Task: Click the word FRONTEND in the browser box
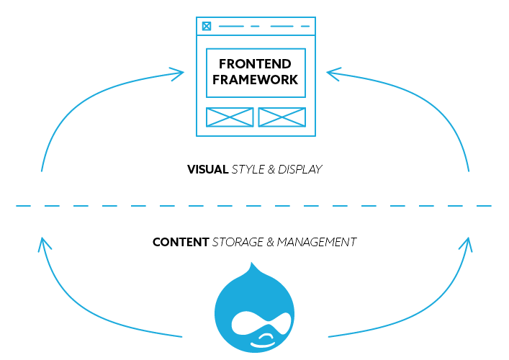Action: pos(256,65)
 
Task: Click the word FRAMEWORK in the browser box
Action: pos(256,80)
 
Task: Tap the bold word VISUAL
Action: pos(207,170)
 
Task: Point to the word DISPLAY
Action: pos(302,170)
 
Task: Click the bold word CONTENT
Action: pos(181,243)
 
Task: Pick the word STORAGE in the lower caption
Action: pos(238,243)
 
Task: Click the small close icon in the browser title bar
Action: pos(207,27)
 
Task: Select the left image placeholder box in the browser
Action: pos(230,117)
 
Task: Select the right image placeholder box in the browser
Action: pos(281,117)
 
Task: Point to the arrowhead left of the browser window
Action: pos(177,72)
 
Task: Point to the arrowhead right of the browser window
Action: pos(334,72)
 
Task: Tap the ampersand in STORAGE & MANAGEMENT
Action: pos(271,243)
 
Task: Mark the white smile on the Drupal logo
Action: pos(265,336)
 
